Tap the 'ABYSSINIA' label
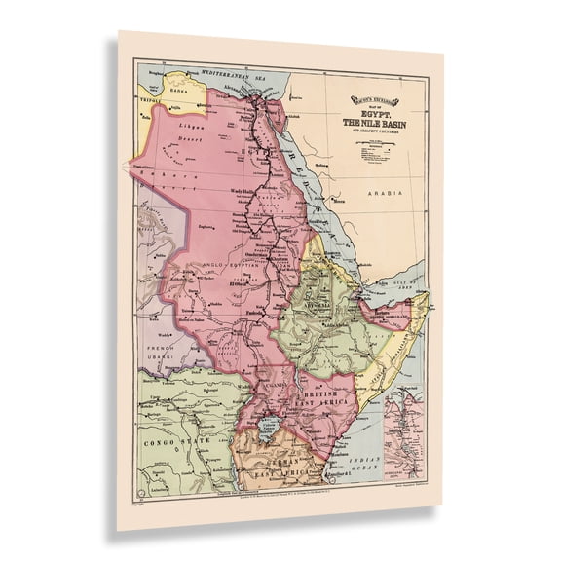(x=322, y=304)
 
